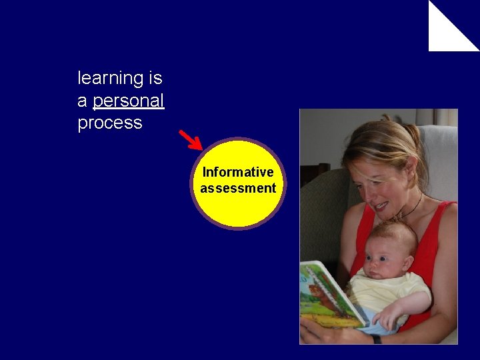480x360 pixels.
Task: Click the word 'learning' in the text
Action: point(111,79)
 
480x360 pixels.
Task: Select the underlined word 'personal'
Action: point(129,101)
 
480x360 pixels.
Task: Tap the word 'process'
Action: point(110,123)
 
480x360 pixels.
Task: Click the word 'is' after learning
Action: point(155,79)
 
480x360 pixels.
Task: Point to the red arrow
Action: point(191,139)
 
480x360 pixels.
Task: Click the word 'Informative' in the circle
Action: point(238,172)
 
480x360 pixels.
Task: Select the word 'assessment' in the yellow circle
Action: point(238,188)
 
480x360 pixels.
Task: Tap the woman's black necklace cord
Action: point(415,207)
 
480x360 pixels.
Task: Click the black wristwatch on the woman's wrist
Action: point(377,339)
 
